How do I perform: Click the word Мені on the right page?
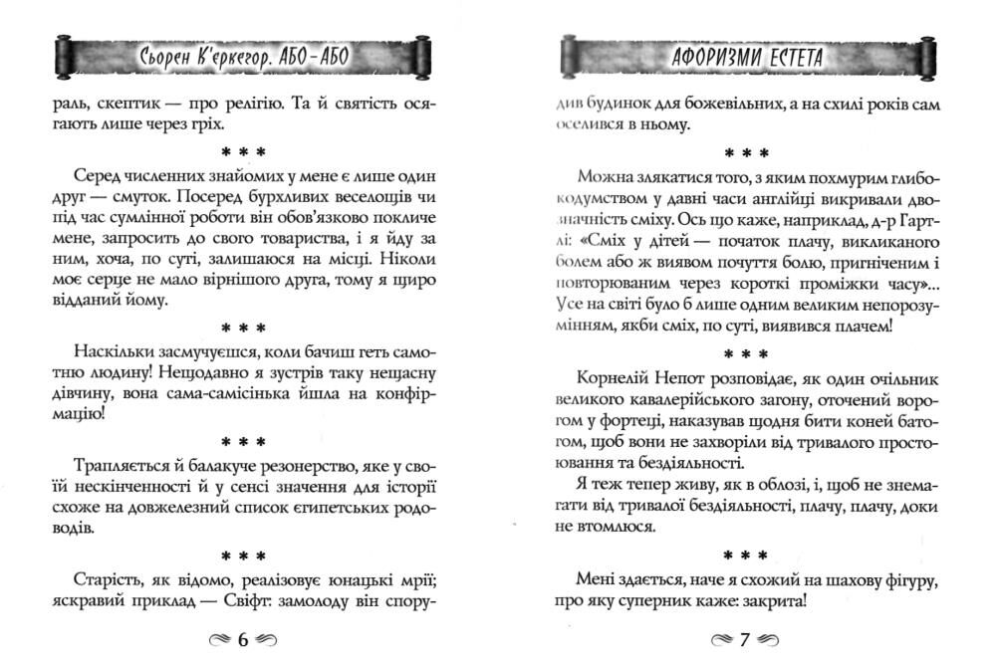click(x=596, y=579)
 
